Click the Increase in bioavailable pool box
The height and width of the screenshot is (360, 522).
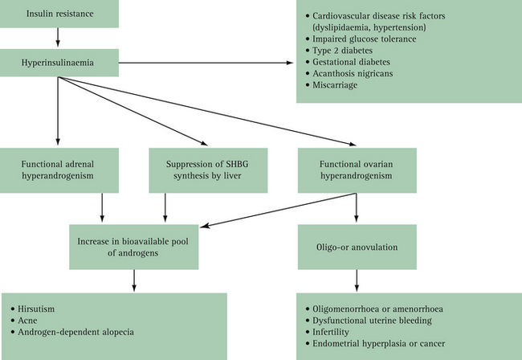(133, 246)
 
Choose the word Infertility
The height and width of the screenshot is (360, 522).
(330, 333)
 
